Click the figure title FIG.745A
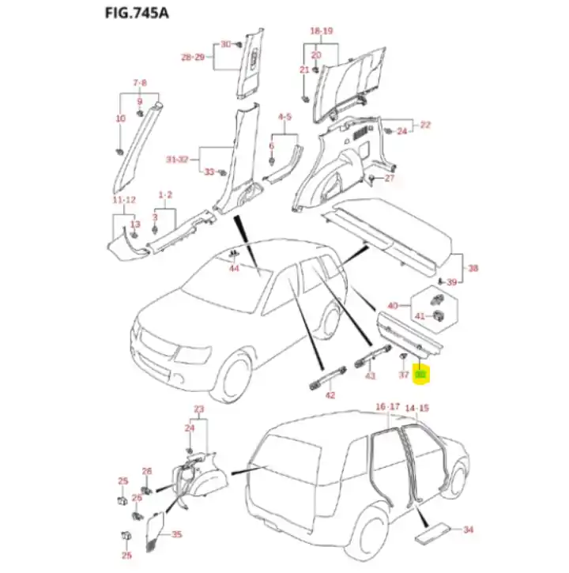pyautogui.click(x=136, y=13)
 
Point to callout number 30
pyautogui.click(x=224, y=44)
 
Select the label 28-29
pyautogui.click(x=193, y=58)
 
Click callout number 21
pyautogui.click(x=303, y=70)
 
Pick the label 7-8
pyautogui.click(x=140, y=82)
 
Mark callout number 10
pyautogui.click(x=120, y=119)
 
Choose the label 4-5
pyautogui.click(x=284, y=117)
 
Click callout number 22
pyautogui.click(x=425, y=125)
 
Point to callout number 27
pyautogui.click(x=389, y=179)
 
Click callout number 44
pyautogui.click(x=234, y=269)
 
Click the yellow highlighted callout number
pyautogui.click(x=421, y=375)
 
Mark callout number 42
pyautogui.click(x=330, y=395)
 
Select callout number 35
pyautogui.click(x=175, y=534)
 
